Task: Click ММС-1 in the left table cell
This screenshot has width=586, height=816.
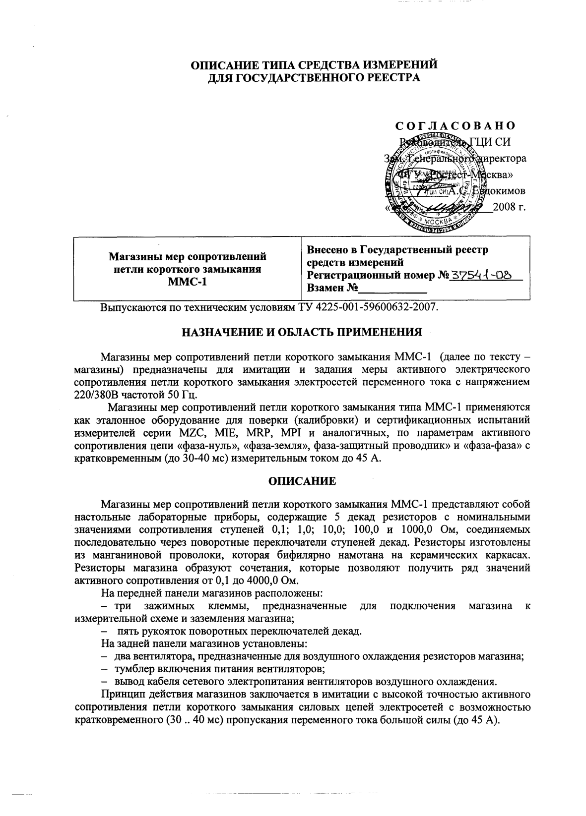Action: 187,283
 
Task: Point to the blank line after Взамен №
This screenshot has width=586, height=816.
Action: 392,289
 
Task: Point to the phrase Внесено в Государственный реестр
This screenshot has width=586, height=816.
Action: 398,250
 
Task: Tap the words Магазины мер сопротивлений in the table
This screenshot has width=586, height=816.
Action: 187,257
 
